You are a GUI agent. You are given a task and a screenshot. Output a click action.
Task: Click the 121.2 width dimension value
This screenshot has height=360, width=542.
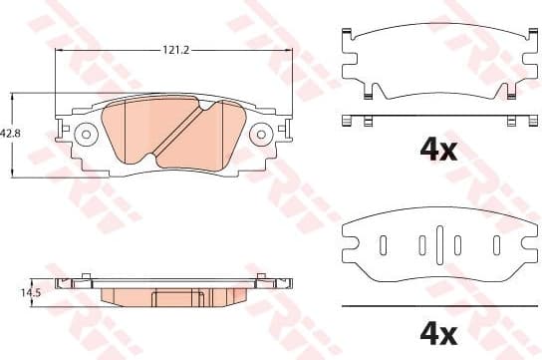pyautogui.click(x=178, y=45)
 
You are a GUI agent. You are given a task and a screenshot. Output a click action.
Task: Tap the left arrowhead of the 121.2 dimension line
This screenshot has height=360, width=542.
pyautogui.click(x=58, y=53)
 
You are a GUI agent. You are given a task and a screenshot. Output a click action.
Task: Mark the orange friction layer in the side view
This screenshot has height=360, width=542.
pyautogui.click(x=174, y=297)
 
